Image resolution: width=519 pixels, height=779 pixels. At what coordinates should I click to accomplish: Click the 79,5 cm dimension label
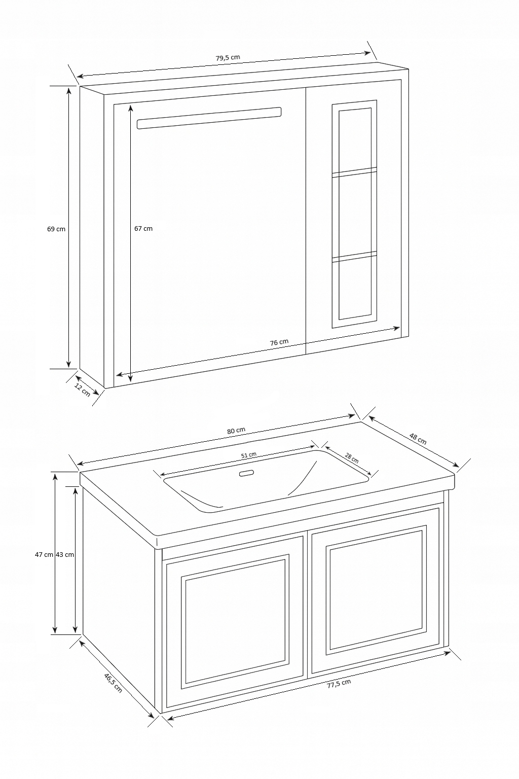tap(228, 58)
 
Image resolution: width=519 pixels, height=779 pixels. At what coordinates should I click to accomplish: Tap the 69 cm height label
tap(56, 229)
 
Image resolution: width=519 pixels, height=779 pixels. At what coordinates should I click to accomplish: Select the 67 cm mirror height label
tap(143, 229)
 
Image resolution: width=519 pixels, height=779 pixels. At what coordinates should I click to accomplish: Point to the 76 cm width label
tap(279, 342)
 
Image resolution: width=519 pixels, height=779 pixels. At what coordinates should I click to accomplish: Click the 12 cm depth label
tap(83, 391)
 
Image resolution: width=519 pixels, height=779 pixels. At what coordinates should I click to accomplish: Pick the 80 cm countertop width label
tap(236, 431)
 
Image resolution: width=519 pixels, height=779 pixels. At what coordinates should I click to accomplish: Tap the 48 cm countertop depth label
tap(418, 439)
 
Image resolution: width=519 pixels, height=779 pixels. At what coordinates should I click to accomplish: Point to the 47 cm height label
tap(44, 554)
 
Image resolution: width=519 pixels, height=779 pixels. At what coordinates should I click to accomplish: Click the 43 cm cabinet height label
tap(65, 554)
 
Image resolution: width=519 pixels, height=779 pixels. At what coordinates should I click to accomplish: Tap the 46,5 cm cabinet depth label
tap(113, 683)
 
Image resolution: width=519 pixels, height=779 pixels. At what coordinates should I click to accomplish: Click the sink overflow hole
tap(247, 473)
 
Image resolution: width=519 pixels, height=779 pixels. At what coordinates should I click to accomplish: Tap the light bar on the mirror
tap(209, 118)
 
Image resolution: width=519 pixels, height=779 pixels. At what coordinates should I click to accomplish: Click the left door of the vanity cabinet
tap(235, 623)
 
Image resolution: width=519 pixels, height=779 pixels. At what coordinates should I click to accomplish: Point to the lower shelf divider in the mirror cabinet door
tap(354, 256)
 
